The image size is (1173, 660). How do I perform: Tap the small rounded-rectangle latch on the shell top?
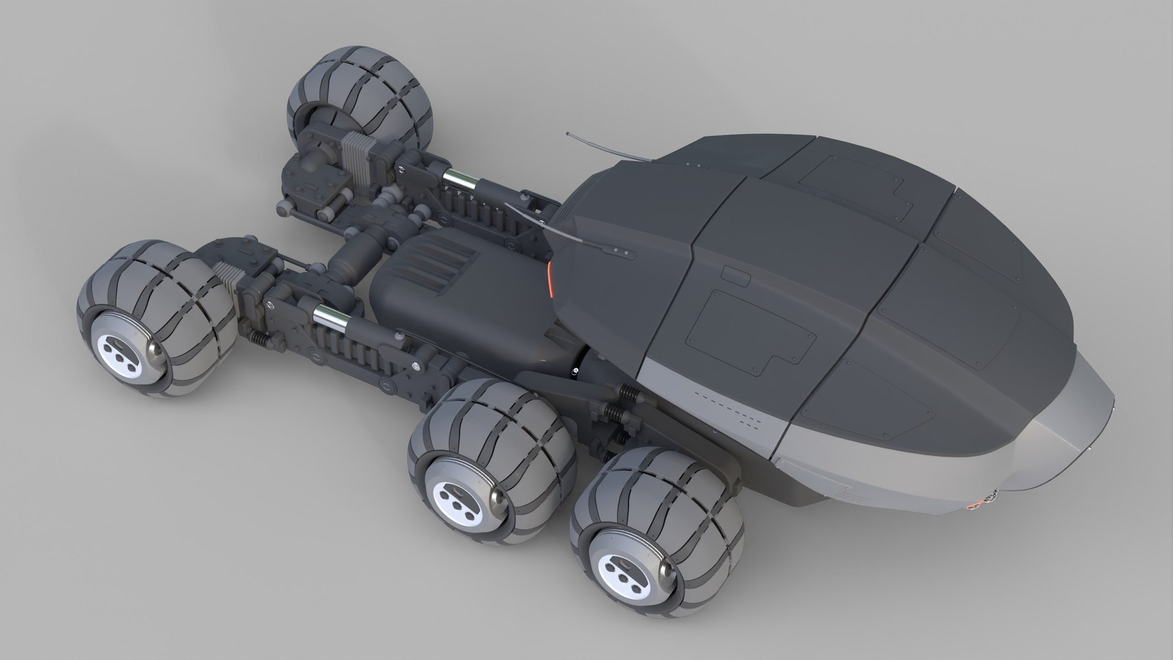point(736,274)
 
